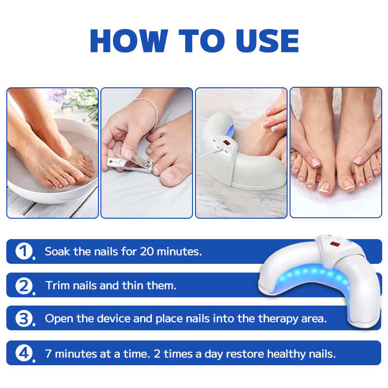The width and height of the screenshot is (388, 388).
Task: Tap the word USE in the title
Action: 267,41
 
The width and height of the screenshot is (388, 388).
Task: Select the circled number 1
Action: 24,251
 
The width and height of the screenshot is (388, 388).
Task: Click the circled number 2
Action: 24,286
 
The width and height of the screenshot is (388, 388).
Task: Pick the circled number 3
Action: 24,319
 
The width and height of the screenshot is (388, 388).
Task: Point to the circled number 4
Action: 24,354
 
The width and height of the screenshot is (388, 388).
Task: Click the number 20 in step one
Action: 147,251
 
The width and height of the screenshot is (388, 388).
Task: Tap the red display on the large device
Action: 335,244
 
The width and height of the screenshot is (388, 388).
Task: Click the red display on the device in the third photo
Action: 226,143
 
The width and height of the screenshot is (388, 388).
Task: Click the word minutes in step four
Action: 76,354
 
